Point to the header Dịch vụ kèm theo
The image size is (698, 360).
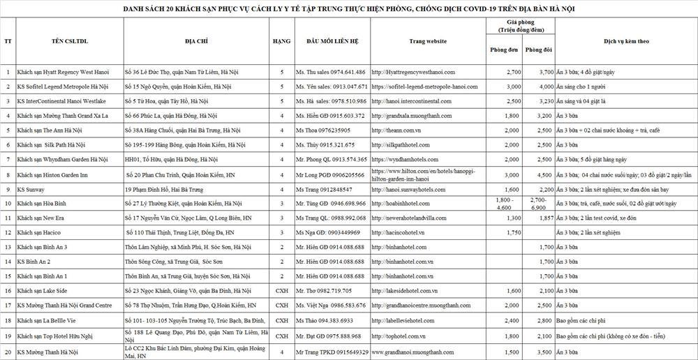pos(626,42)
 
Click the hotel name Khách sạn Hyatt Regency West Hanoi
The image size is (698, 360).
pos(63,72)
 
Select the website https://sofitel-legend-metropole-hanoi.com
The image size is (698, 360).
pos(424,87)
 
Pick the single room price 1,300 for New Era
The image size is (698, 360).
pos(513,218)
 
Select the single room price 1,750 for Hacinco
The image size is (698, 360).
pos(513,232)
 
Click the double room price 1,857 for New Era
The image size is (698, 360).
pos(546,218)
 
